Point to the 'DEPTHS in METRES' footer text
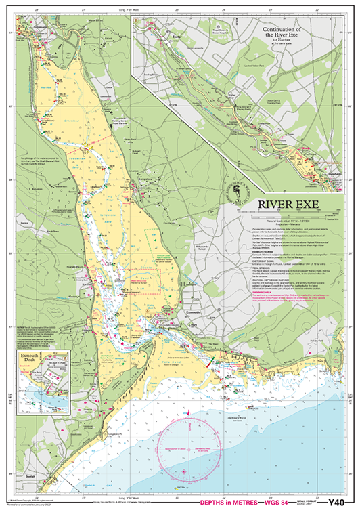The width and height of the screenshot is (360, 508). coord(223,502)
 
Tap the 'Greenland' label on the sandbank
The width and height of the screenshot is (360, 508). coord(75,121)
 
